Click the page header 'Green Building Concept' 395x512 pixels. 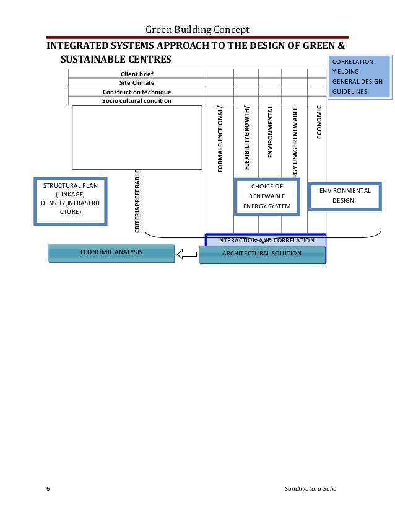[197, 30]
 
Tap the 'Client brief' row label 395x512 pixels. [137, 74]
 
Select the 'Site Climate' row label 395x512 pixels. [137, 82]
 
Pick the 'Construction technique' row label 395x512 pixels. [137, 92]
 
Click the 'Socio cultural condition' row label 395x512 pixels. [137, 100]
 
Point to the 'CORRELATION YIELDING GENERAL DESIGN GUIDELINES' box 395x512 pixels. [360, 77]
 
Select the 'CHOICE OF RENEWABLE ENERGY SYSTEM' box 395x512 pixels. [267, 196]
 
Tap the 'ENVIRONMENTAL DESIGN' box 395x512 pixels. [345, 196]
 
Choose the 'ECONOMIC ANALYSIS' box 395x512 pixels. [111, 252]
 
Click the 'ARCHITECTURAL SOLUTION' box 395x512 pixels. [262, 254]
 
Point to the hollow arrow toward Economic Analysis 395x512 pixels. [186, 254]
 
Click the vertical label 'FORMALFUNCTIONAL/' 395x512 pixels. [220, 139]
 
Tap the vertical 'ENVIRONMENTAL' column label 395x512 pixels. [270, 131]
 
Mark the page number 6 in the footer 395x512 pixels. [48, 489]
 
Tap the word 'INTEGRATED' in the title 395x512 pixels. [79, 47]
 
